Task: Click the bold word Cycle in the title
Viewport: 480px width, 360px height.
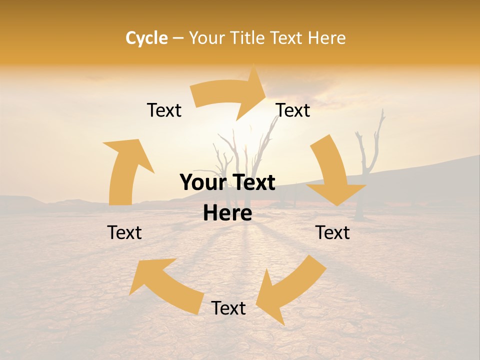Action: (146, 38)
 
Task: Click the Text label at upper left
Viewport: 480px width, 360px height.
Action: (164, 110)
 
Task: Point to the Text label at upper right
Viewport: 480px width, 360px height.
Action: (293, 110)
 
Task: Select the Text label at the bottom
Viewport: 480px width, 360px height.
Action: (228, 308)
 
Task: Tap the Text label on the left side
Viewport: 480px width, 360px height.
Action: (124, 232)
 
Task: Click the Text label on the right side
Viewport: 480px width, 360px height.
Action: (333, 232)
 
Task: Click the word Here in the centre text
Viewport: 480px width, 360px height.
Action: (227, 213)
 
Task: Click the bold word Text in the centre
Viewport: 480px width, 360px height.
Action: (253, 183)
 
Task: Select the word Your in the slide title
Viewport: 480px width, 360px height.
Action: (206, 38)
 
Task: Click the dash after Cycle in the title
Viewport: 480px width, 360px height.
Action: (178, 38)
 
